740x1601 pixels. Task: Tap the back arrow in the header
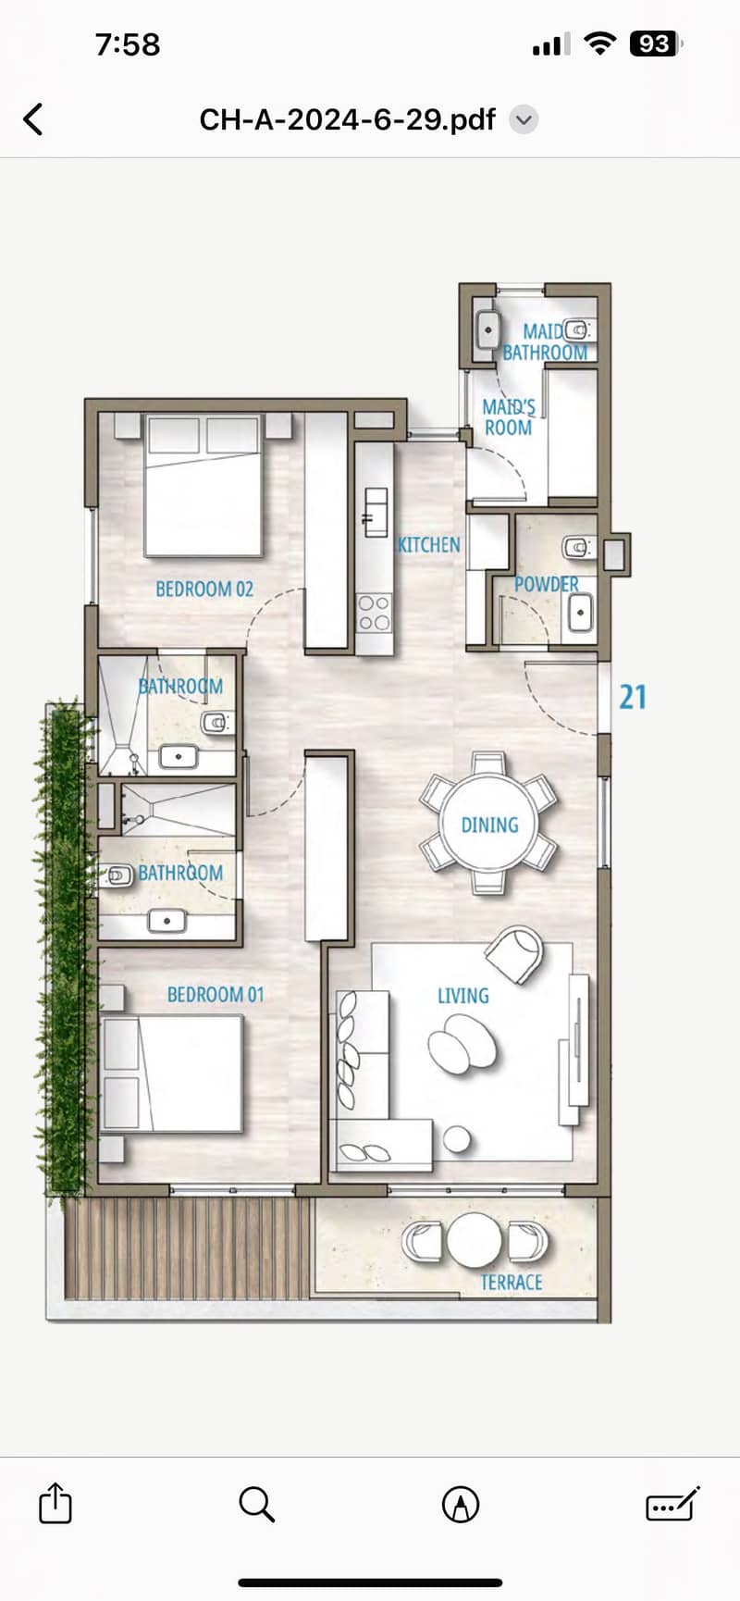[x=33, y=119]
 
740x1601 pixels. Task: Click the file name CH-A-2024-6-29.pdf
[x=348, y=119]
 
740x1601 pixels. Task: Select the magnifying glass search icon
[x=256, y=1505]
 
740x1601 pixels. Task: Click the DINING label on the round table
[x=489, y=825]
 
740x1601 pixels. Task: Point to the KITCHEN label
[x=428, y=544]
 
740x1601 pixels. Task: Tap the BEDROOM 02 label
[x=204, y=589]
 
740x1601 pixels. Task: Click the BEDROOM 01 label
[x=216, y=995]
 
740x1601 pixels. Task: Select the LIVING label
[x=462, y=996]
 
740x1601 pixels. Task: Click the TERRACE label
[x=511, y=1283]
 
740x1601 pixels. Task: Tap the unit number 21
[x=633, y=697]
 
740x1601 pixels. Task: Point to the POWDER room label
[x=547, y=584]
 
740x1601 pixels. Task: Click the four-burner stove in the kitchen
[x=375, y=612]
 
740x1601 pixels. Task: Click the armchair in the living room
[x=514, y=954]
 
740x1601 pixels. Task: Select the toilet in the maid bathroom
[x=578, y=329]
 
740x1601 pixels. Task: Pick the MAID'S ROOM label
[x=508, y=417]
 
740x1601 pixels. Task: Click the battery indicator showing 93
[x=655, y=43]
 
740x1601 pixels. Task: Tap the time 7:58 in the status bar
[x=128, y=44]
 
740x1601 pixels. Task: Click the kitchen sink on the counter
[x=374, y=512]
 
